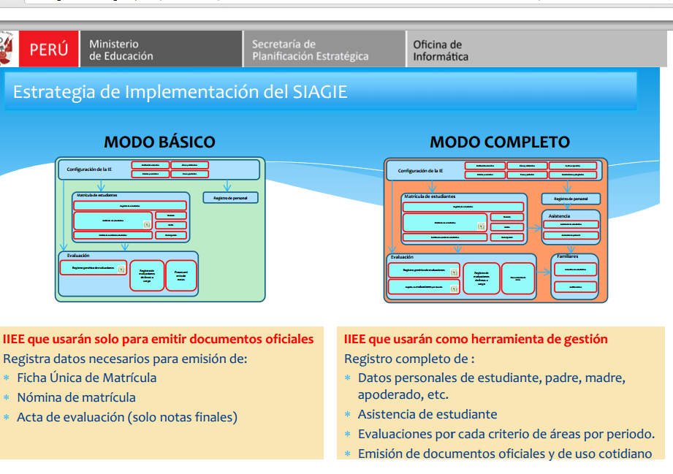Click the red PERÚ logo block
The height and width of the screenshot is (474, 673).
coord(48,50)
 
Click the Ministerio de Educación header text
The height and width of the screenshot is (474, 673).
coord(121,50)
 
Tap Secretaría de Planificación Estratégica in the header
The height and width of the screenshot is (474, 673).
coord(310,50)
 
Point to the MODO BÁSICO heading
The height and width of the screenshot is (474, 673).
coord(159,142)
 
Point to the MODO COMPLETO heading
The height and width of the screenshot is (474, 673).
coord(499,142)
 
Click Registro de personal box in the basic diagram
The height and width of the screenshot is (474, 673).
coord(230,198)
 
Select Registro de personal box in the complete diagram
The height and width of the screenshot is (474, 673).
coord(571,199)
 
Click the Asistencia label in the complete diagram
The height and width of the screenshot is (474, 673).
coord(560,215)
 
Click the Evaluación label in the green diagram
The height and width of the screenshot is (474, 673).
coord(77,256)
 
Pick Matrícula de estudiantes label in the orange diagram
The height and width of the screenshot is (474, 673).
coord(430,196)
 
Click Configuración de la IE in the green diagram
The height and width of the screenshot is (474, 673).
coord(89,169)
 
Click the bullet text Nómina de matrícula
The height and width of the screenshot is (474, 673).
coord(76,397)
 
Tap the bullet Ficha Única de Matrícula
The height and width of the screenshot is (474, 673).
coord(86,378)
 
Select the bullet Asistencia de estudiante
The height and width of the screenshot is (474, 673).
coord(427,414)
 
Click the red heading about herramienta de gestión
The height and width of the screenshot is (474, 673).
coord(476,339)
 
